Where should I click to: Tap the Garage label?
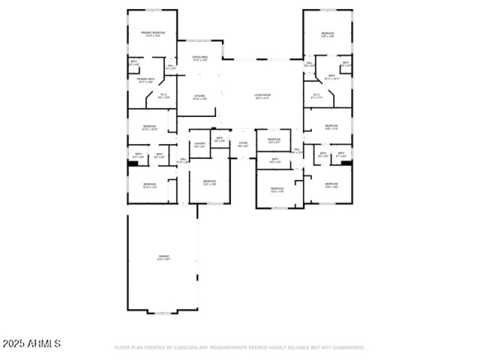click(164, 257)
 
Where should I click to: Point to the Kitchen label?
click(199, 97)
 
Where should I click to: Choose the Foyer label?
click(243, 144)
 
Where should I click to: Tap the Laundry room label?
click(200, 144)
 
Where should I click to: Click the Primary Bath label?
click(146, 80)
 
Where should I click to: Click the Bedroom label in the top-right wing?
click(327, 35)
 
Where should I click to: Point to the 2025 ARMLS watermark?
click(31, 344)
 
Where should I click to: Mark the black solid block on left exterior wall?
click(133, 162)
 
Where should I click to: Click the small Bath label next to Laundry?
click(220, 139)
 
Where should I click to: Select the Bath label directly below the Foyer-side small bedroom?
click(274, 160)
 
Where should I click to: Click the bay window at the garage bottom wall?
click(163, 312)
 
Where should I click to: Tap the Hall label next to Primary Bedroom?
click(170, 67)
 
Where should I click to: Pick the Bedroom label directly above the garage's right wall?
click(209, 182)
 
